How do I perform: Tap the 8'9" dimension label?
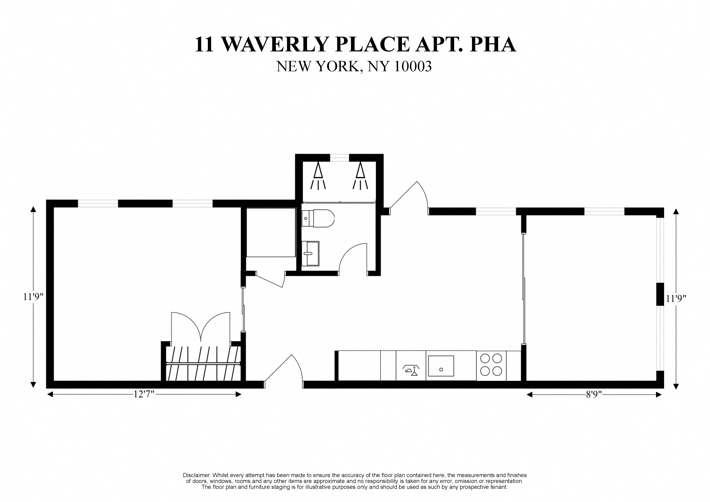[x=594, y=395]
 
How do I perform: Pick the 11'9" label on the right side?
[x=676, y=299]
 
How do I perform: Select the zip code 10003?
[x=413, y=67]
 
